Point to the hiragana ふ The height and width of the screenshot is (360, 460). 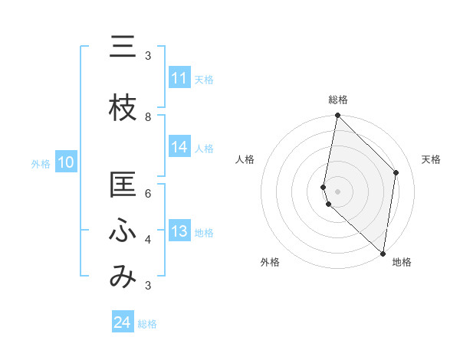point(123,231)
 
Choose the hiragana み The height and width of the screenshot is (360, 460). point(123,277)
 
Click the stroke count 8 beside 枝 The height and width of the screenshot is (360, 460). point(148,116)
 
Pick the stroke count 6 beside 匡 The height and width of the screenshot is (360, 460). point(148,194)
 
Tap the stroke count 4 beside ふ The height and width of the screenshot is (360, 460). point(148,240)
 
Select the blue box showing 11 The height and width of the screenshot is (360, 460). point(179,78)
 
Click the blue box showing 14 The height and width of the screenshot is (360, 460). point(179,148)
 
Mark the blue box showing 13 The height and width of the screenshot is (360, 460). point(179,231)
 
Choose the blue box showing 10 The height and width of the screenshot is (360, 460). point(65,162)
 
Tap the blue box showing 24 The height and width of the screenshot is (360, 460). point(122,323)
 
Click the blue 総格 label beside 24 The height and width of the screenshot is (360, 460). point(147,324)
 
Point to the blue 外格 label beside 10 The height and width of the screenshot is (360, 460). point(41,163)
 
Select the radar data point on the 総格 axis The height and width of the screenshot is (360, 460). point(337,116)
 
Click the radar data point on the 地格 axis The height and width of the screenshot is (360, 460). point(383,254)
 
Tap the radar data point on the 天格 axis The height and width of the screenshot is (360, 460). point(396,172)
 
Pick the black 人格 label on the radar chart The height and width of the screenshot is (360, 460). point(245,159)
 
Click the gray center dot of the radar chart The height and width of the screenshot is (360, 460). point(337,191)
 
